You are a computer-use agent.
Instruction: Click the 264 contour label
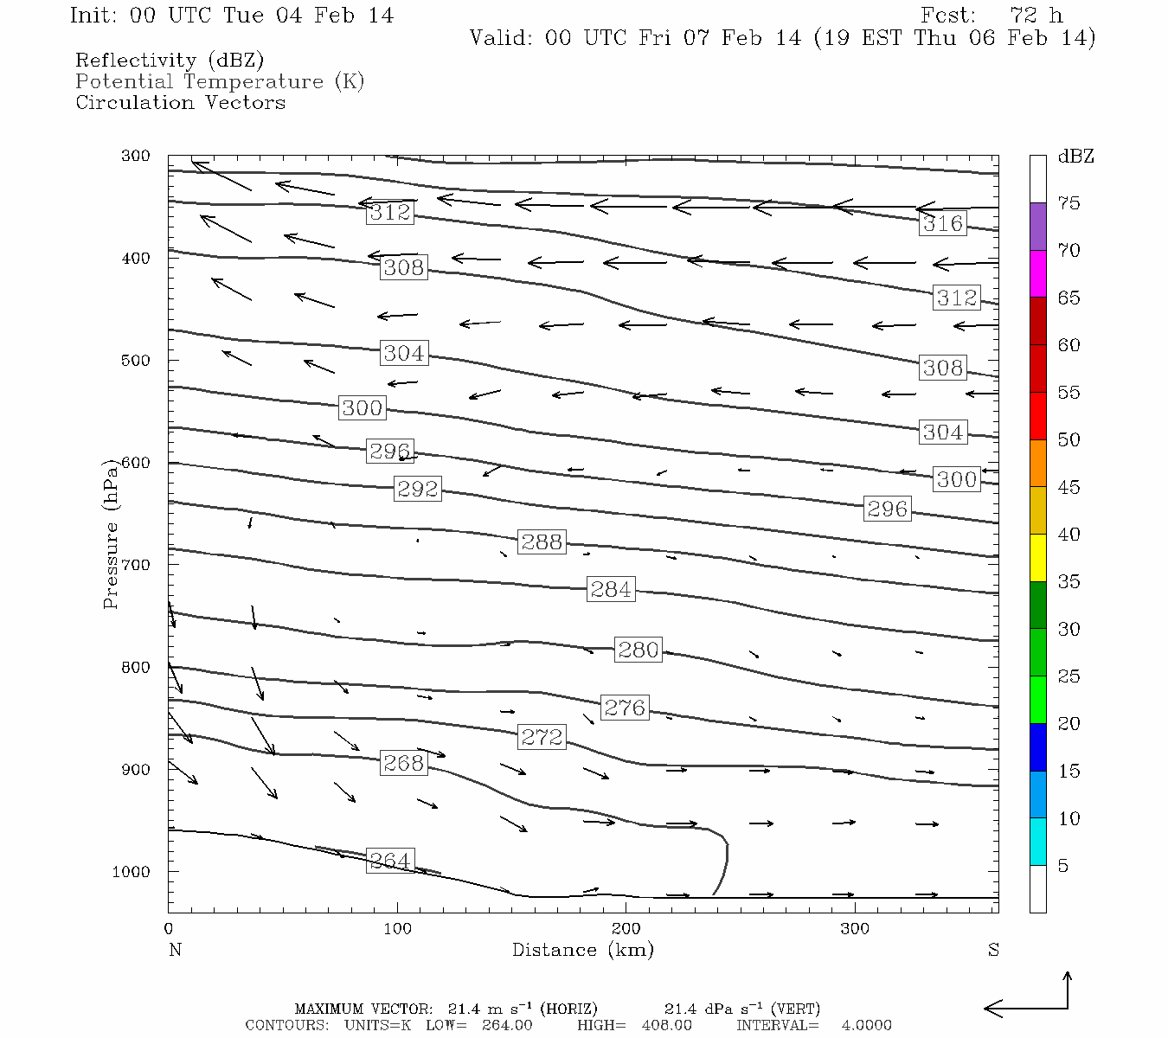pyautogui.click(x=390, y=861)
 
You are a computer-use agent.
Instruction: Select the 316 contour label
pyautogui.click(x=942, y=223)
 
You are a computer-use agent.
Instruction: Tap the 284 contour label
pyautogui.click(x=611, y=589)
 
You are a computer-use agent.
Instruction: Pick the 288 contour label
pyautogui.click(x=542, y=542)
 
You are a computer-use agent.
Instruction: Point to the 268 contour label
pyautogui.click(x=404, y=763)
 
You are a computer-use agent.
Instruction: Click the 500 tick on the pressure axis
pyautogui.click(x=136, y=360)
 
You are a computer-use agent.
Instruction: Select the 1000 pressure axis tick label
pyautogui.click(x=132, y=872)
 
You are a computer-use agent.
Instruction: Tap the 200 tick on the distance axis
pyautogui.click(x=626, y=928)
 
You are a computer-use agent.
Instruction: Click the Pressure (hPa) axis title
pyautogui.click(x=111, y=541)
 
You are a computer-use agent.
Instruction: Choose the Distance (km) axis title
pyautogui.click(x=582, y=950)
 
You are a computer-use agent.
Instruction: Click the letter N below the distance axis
pyautogui.click(x=175, y=950)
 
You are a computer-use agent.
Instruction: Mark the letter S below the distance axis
pyautogui.click(x=993, y=950)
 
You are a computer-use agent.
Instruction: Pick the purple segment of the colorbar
pyautogui.click(x=1038, y=227)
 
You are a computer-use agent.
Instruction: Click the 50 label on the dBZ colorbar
pyautogui.click(x=1069, y=440)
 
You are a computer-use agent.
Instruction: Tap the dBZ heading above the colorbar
pyautogui.click(x=1075, y=157)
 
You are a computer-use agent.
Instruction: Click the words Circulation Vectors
pyautogui.click(x=180, y=102)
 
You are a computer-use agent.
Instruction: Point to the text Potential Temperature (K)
pyautogui.click(x=220, y=81)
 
